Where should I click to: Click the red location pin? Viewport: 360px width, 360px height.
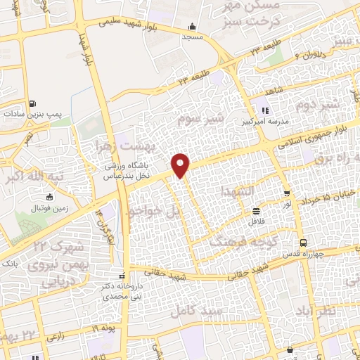(181, 165)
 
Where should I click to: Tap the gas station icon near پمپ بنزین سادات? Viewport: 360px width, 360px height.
(34, 101)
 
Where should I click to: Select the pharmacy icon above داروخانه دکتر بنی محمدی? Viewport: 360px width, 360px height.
(123, 275)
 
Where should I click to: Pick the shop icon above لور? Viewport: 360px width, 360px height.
(286, 193)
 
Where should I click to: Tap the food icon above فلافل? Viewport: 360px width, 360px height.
(257, 210)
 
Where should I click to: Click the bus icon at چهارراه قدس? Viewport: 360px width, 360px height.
(302, 243)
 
